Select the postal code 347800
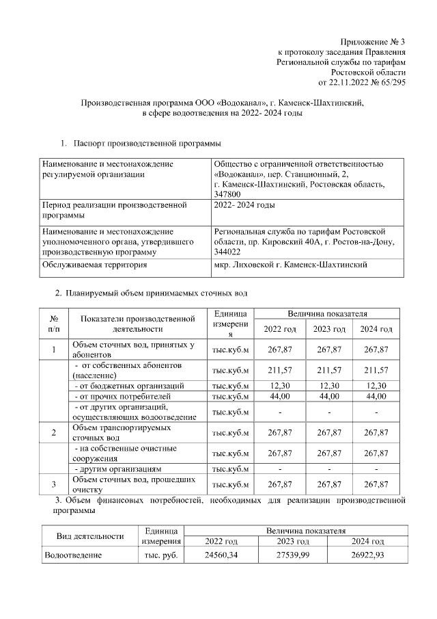(x=227, y=194)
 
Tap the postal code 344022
(x=227, y=252)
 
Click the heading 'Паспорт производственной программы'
(x=147, y=144)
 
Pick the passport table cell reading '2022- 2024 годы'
(x=244, y=205)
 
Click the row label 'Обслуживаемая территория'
(x=94, y=264)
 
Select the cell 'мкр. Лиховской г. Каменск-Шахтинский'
(x=291, y=264)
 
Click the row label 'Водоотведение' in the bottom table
(x=72, y=555)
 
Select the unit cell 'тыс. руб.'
(x=161, y=555)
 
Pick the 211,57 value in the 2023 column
(x=328, y=370)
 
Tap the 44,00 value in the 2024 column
(x=377, y=397)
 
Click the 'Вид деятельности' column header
(x=85, y=536)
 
